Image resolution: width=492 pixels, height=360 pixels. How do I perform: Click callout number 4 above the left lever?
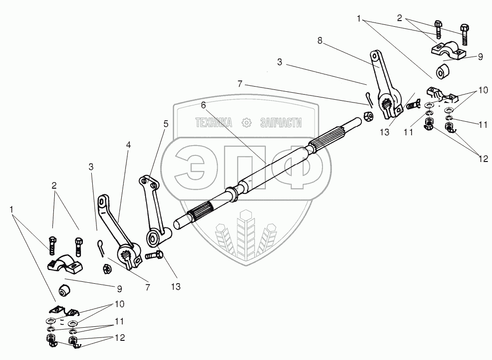[x=128, y=146]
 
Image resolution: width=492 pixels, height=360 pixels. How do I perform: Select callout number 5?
[x=166, y=124]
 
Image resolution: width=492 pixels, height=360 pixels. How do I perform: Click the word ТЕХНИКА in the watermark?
[x=214, y=123]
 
